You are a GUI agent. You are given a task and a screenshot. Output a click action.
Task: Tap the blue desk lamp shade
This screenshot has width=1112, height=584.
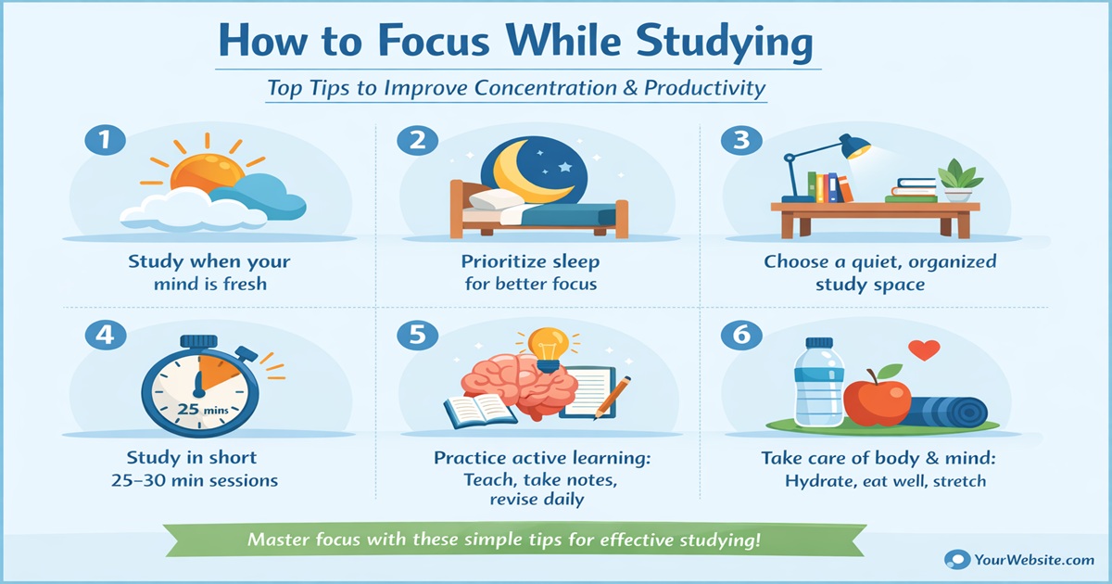tap(853, 146)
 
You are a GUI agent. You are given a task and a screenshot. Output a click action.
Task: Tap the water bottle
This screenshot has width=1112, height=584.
tap(814, 382)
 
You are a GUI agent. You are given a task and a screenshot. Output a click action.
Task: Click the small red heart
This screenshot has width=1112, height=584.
tap(924, 350)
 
